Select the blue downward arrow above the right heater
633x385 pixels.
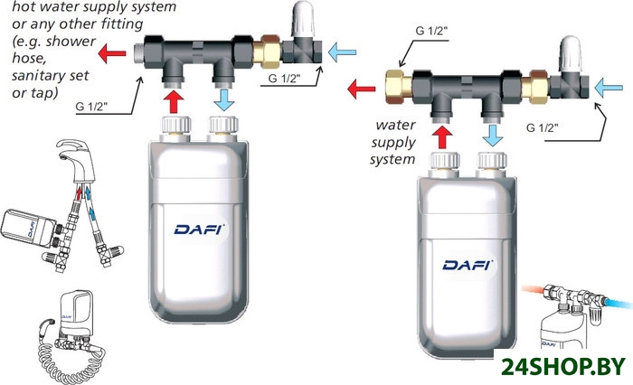493,136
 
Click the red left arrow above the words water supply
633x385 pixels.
363,89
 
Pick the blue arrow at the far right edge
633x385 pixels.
610,87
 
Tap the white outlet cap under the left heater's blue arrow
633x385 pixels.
222,123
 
